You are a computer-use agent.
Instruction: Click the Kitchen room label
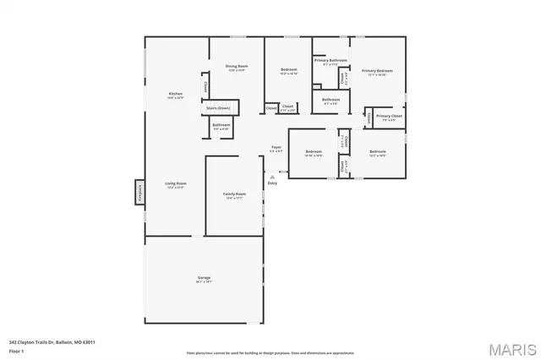(x=176, y=94)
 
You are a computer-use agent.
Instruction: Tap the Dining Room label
(x=237, y=67)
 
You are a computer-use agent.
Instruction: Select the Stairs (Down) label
(x=218, y=108)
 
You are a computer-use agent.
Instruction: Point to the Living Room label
(x=176, y=183)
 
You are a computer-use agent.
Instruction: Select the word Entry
(x=272, y=183)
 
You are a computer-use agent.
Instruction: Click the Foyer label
(x=276, y=147)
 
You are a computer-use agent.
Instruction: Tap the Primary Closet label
(x=390, y=116)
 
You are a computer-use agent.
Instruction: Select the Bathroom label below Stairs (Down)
(x=221, y=125)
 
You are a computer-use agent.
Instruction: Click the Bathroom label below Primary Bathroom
(x=331, y=100)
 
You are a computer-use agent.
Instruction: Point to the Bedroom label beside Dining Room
(x=289, y=71)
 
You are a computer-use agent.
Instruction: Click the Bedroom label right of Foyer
(x=314, y=151)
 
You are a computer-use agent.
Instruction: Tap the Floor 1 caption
(x=16, y=350)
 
